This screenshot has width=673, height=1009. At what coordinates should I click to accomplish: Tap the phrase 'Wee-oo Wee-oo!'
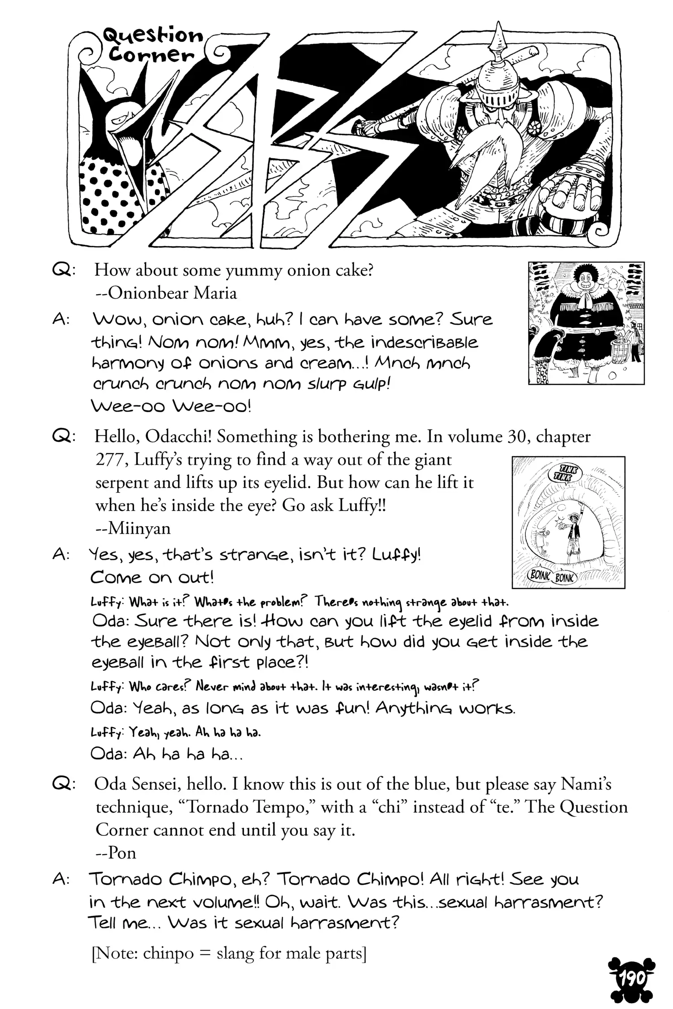click(171, 407)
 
